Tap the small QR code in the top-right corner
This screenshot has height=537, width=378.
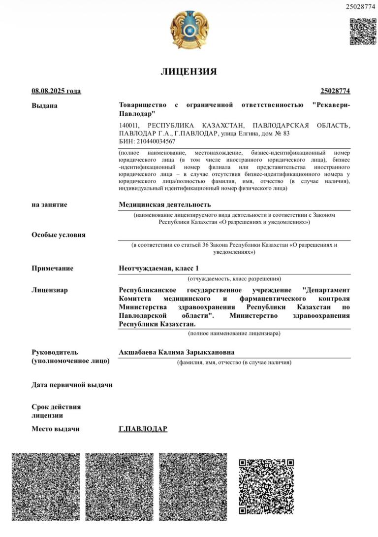pos(363,31)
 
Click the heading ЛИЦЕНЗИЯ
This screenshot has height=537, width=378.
pos(189,71)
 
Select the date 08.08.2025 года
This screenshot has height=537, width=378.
pos(56,91)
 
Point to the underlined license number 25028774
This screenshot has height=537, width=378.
pos(335,91)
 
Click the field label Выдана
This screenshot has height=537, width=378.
pos(44,105)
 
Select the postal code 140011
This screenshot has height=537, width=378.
pos(129,126)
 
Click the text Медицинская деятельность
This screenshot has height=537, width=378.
pos(165,204)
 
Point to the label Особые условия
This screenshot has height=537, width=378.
pos(59,235)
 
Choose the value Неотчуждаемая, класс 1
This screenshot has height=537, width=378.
pos(159,268)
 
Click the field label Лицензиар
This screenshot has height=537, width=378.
pos(50,290)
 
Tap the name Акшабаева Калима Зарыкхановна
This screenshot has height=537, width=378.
pos(177,352)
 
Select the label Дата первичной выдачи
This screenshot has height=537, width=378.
pos(72,385)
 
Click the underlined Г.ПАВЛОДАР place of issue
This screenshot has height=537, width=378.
pos(143,429)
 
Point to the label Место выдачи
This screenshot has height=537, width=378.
pos(56,429)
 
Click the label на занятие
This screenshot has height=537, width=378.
pos(49,204)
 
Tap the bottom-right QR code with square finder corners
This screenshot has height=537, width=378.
pos(266,486)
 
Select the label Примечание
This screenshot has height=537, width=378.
pos(52,268)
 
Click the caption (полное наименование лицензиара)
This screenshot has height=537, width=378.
pos(234,334)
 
